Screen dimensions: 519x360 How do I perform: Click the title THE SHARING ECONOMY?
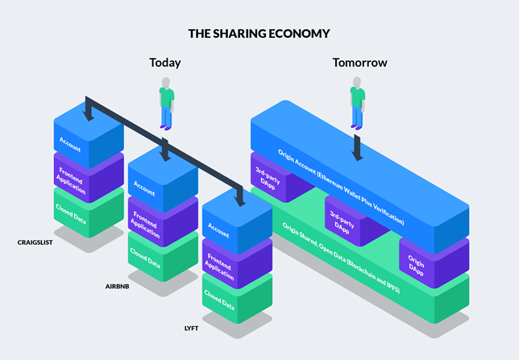(x=259, y=33)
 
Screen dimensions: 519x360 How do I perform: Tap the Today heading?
(x=165, y=63)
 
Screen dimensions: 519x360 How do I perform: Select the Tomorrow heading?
(x=359, y=63)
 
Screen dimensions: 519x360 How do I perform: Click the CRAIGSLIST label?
(x=35, y=242)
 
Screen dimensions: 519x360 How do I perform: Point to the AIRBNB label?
(x=117, y=287)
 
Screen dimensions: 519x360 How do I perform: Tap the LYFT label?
(x=191, y=329)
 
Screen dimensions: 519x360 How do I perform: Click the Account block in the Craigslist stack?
(x=89, y=135)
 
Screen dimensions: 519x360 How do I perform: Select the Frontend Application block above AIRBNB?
(x=163, y=221)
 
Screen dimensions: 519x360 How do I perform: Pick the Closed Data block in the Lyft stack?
(x=237, y=298)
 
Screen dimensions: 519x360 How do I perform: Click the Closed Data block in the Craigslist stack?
(x=89, y=212)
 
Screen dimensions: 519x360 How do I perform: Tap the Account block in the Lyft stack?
(x=237, y=221)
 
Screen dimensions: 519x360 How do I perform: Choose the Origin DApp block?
(x=434, y=263)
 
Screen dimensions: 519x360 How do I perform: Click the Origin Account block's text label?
(x=341, y=187)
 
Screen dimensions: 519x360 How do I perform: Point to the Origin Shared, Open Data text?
(x=341, y=258)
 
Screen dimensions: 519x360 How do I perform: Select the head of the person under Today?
(x=166, y=82)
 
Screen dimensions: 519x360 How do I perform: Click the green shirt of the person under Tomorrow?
(x=358, y=97)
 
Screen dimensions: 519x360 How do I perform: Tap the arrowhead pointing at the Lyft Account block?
(x=240, y=201)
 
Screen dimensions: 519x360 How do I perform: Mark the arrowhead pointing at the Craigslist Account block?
(x=89, y=116)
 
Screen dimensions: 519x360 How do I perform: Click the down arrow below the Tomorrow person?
(x=357, y=147)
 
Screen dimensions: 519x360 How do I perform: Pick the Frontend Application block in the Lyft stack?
(x=237, y=263)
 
